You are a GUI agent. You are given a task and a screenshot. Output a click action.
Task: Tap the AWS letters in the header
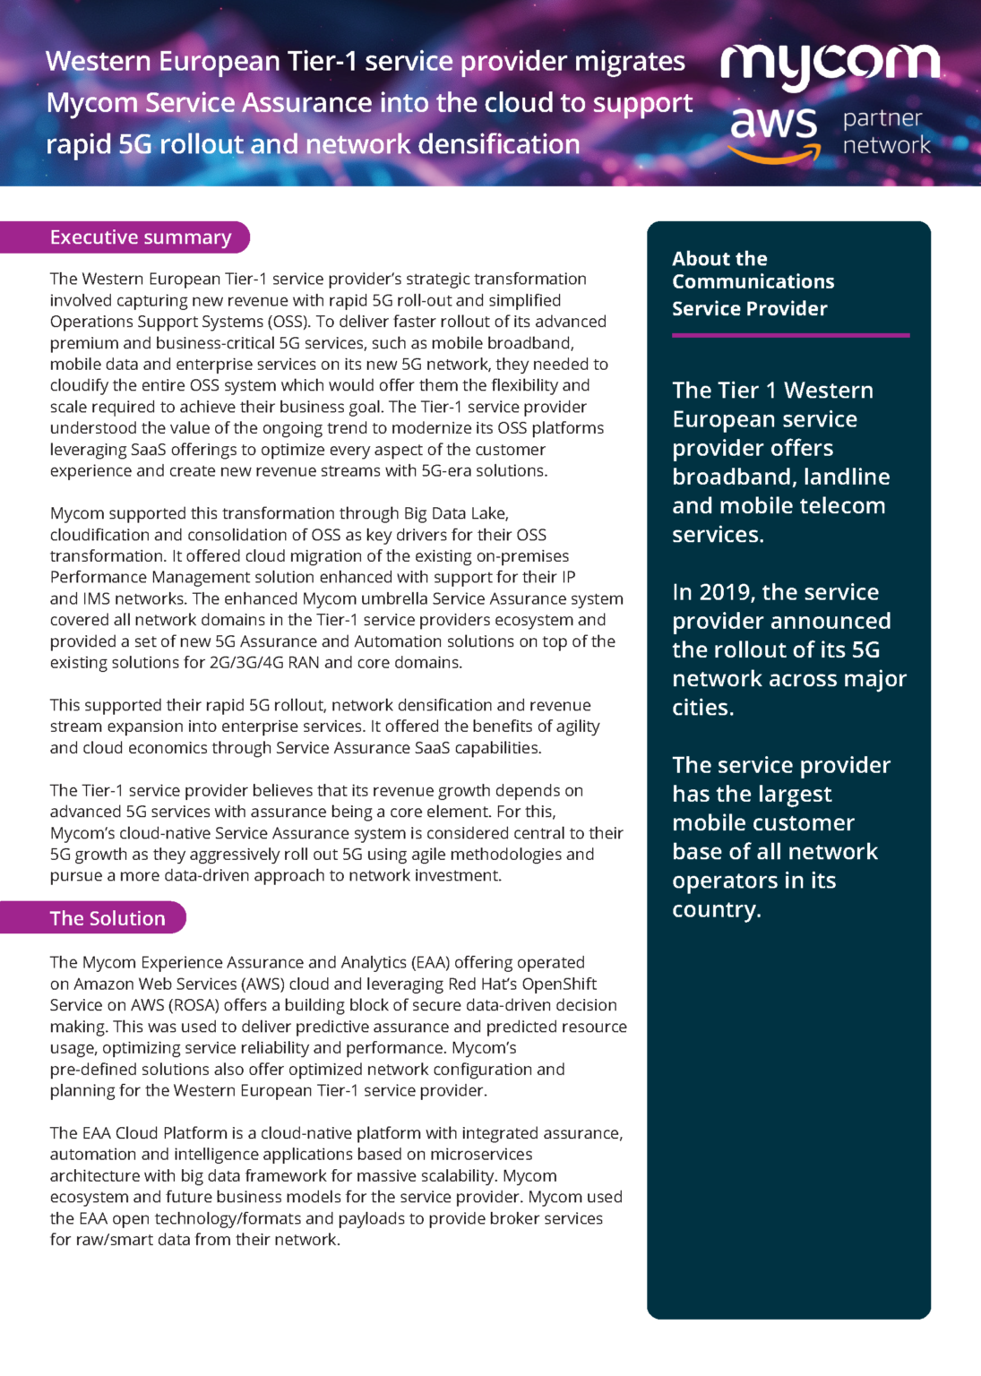[774, 123]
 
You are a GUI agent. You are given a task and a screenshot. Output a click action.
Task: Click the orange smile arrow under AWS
[774, 156]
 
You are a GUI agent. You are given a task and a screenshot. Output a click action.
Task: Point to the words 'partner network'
[885, 132]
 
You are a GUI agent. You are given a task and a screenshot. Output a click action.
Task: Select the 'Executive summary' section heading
[141, 237]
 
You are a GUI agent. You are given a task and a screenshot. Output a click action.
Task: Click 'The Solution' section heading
[108, 918]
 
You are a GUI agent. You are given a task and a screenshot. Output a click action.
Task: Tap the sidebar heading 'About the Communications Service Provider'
[753, 283]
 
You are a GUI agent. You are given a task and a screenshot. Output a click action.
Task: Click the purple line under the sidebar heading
[790, 335]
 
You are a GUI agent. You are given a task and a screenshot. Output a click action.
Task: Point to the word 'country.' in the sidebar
[717, 909]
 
